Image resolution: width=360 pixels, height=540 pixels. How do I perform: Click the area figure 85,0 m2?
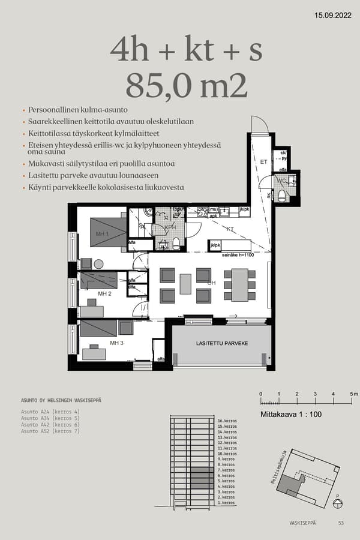click(187, 85)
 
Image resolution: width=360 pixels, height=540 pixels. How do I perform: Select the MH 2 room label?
click(105, 294)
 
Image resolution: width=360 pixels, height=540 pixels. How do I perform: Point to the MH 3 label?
click(116, 343)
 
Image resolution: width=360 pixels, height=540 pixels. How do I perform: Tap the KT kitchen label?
click(230, 229)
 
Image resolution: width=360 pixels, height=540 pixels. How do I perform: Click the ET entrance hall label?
click(263, 162)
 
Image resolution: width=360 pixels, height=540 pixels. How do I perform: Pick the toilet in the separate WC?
click(282, 196)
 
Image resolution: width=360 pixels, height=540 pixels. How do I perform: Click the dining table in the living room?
click(240, 284)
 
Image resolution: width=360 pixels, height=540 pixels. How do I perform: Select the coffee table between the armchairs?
click(185, 284)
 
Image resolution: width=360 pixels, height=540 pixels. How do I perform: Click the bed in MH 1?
click(108, 232)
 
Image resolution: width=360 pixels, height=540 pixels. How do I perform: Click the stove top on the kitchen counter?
click(202, 212)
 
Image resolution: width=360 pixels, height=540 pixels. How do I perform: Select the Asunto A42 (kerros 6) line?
click(50, 425)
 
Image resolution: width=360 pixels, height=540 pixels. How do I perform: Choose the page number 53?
click(341, 523)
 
